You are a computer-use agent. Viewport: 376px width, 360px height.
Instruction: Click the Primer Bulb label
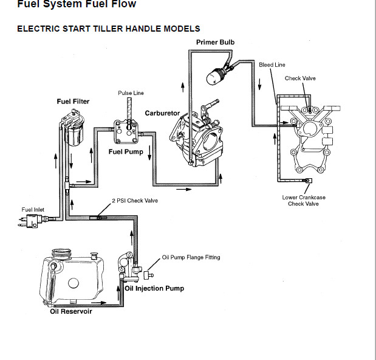point(215,42)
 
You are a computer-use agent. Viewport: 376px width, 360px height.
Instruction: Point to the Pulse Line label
point(131,93)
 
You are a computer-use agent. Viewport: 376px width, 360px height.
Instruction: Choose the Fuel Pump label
point(126,151)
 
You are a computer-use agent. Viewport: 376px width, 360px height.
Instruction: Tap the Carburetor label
point(162,113)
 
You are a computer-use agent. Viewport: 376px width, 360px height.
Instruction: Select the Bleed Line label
point(272,64)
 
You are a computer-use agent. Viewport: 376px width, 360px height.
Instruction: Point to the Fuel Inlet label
point(33,210)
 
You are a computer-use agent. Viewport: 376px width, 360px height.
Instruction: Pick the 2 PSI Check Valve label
point(134,200)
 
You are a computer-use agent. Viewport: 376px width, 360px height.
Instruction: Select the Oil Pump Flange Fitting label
point(191,257)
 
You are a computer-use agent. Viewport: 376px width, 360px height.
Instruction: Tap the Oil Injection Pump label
point(154,288)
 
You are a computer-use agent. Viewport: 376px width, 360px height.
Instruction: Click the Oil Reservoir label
point(71,312)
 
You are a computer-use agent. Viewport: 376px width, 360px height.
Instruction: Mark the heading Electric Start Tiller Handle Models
point(108,29)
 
